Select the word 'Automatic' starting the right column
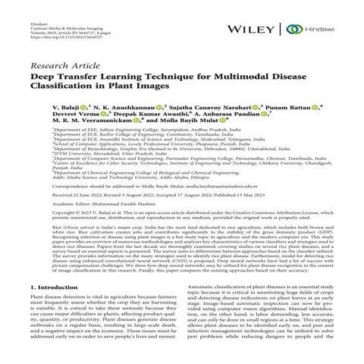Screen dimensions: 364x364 coord(200,289)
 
